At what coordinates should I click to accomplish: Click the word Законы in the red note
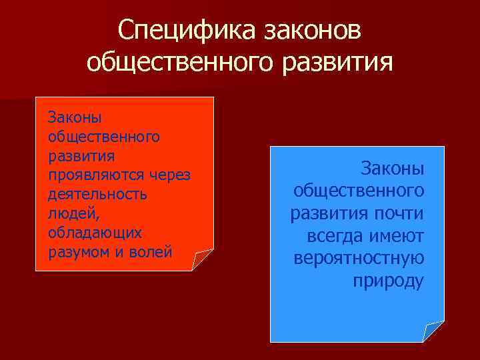pyautogui.click(x=74, y=118)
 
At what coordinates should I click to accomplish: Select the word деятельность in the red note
pyautogui.click(x=97, y=195)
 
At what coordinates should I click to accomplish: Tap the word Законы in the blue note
pyautogui.click(x=392, y=168)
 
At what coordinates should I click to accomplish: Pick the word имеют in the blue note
pyautogui.click(x=400, y=235)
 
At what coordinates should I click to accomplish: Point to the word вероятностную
pyautogui.click(x=359, y=258)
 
